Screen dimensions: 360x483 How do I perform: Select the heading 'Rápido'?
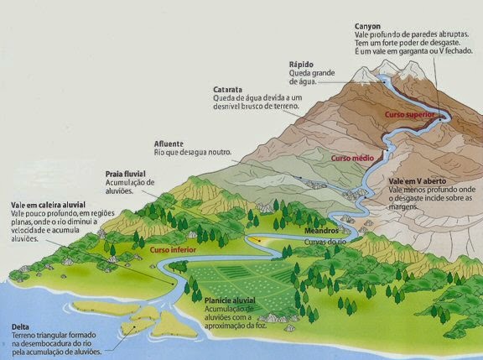click(x=303, y=64)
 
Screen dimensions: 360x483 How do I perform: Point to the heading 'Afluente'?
click(x=170, y=143)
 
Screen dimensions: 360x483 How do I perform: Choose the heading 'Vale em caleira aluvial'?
click(x=49, y=205)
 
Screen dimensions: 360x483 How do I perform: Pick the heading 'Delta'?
click(x=22, y=326)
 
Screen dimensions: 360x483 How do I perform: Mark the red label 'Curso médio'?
click(x=351, y=158)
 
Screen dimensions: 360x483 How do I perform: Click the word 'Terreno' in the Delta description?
click(x=26, y=336)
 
